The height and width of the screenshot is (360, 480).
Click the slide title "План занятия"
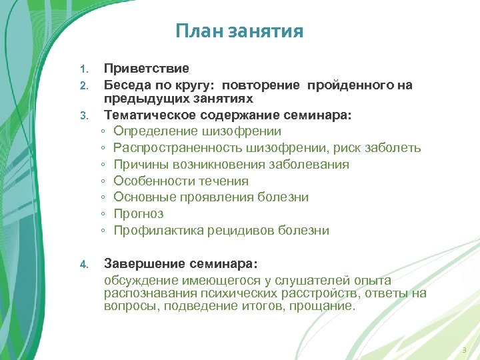pyautogui.click(x=239, y=31)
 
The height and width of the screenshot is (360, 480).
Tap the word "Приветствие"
pyautogui.click(x=146, y=69)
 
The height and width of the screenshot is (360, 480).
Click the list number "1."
pyautogui.click(x=83, y=69)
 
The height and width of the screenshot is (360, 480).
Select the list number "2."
pyautogui.click(x=83, y=86)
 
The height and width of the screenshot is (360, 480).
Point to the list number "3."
pyautogui.click(x=83, y=116)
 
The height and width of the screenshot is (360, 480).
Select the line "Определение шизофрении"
pyautogui.click(x=197, y=131)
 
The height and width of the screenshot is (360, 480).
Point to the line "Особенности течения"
pyautogui.click(x=181, y=181)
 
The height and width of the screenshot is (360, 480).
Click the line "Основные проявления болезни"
pyautogui.click(x=211, y=197)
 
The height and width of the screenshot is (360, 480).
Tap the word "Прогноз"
pyautogui.click(x=138, y=214)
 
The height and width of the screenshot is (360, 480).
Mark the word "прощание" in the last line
pyautogui.click(x=326, y=306)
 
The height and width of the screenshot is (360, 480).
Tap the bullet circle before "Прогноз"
pyautogui.click(x=104, y=215)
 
